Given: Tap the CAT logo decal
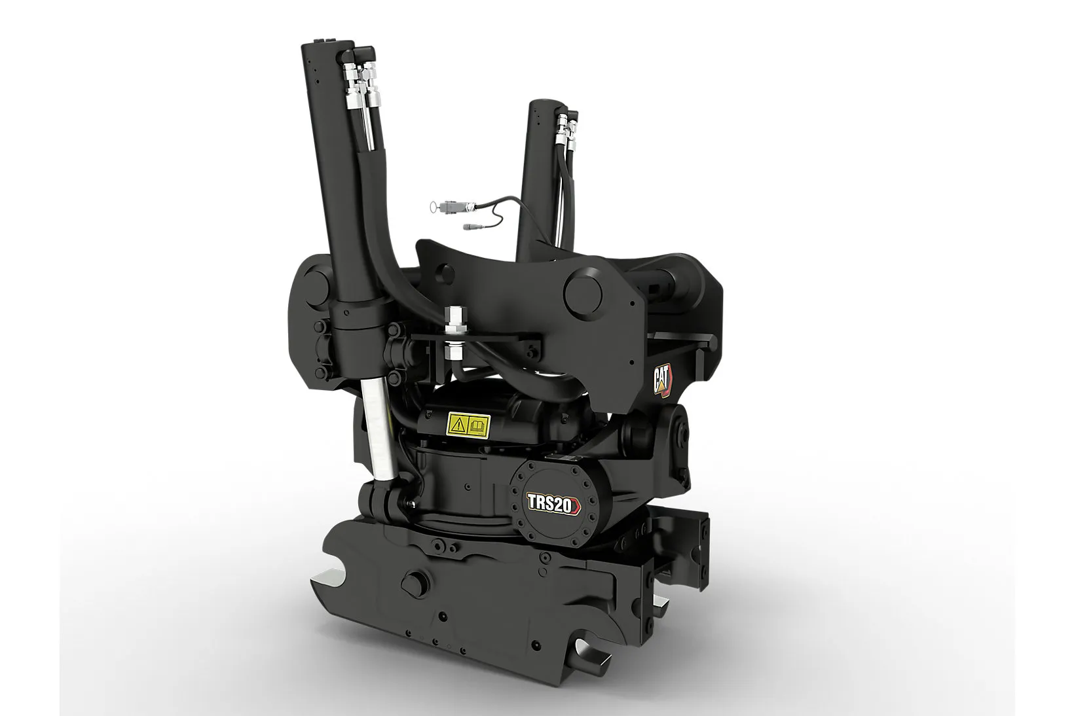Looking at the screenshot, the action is [x=663, y=381].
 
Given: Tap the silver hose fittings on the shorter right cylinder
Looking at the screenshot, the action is [x=566, y=130].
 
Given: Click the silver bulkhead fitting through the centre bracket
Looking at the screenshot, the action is [x=454, y=334].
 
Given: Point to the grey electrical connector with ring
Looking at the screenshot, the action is [x=451, y=207].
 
